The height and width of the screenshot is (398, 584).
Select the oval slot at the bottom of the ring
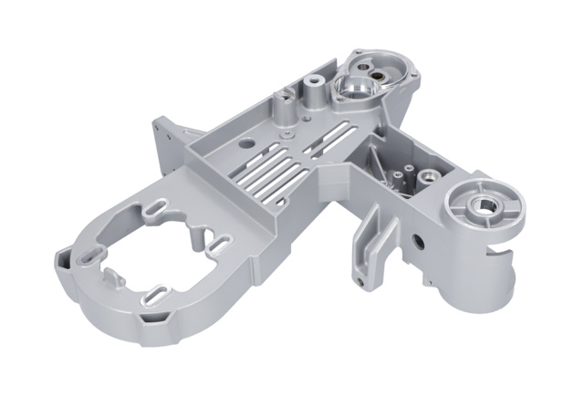[x=156, y=295]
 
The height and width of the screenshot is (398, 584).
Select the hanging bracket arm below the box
[x=372, y=242]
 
